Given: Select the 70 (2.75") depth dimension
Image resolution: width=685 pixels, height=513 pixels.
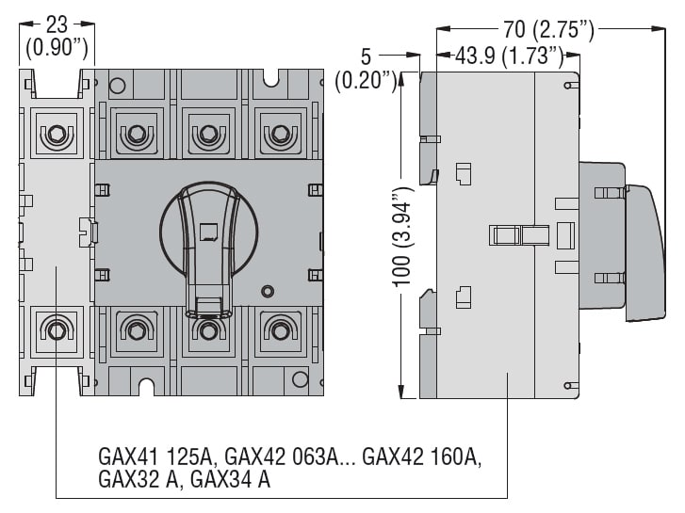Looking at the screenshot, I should (546, 31).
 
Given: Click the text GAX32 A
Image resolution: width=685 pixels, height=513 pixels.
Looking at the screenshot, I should (139, 479).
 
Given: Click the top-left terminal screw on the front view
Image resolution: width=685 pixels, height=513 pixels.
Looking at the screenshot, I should (56, 135).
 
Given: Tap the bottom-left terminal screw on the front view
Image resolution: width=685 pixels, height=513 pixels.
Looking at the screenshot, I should (56, 330).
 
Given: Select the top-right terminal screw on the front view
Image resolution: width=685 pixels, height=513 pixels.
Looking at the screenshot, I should (279, 135).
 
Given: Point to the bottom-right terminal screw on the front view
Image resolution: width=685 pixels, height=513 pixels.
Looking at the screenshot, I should (279, 330).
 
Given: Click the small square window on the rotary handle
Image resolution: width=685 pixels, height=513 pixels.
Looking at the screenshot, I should (210, 229).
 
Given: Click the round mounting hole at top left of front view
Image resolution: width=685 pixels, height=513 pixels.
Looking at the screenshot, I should (117, 87).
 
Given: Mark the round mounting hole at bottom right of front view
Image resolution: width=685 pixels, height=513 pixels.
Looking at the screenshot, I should (300, 379).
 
